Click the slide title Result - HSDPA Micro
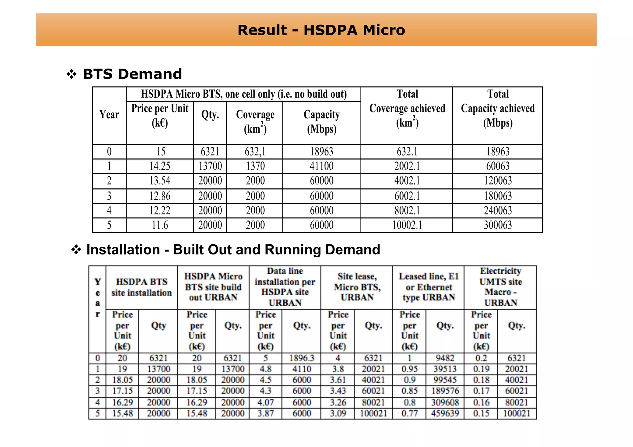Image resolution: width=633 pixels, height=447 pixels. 321,30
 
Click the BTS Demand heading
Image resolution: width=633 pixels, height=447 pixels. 132,74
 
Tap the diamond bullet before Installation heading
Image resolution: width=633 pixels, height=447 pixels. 76,249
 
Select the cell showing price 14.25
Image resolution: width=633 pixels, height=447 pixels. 160,166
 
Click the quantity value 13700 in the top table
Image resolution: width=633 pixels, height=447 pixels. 210,166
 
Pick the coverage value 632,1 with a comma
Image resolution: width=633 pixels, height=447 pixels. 255,152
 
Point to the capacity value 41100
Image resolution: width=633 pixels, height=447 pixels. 321,166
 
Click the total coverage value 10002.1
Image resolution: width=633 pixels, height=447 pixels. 407,225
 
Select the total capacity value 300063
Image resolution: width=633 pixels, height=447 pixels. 498,225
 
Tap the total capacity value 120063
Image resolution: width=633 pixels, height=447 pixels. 498,181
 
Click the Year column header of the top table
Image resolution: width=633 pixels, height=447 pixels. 109,115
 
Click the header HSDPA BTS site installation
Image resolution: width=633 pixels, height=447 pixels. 142,287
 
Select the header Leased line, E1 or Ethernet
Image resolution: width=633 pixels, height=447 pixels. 428,287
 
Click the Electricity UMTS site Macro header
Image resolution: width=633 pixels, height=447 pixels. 500,287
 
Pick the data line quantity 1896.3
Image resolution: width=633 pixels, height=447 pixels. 302,358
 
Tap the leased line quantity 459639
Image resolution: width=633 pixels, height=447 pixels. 445,413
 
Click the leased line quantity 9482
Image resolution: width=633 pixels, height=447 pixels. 445,358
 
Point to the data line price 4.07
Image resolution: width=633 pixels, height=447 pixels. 266,403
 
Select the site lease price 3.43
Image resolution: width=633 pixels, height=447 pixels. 338,391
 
